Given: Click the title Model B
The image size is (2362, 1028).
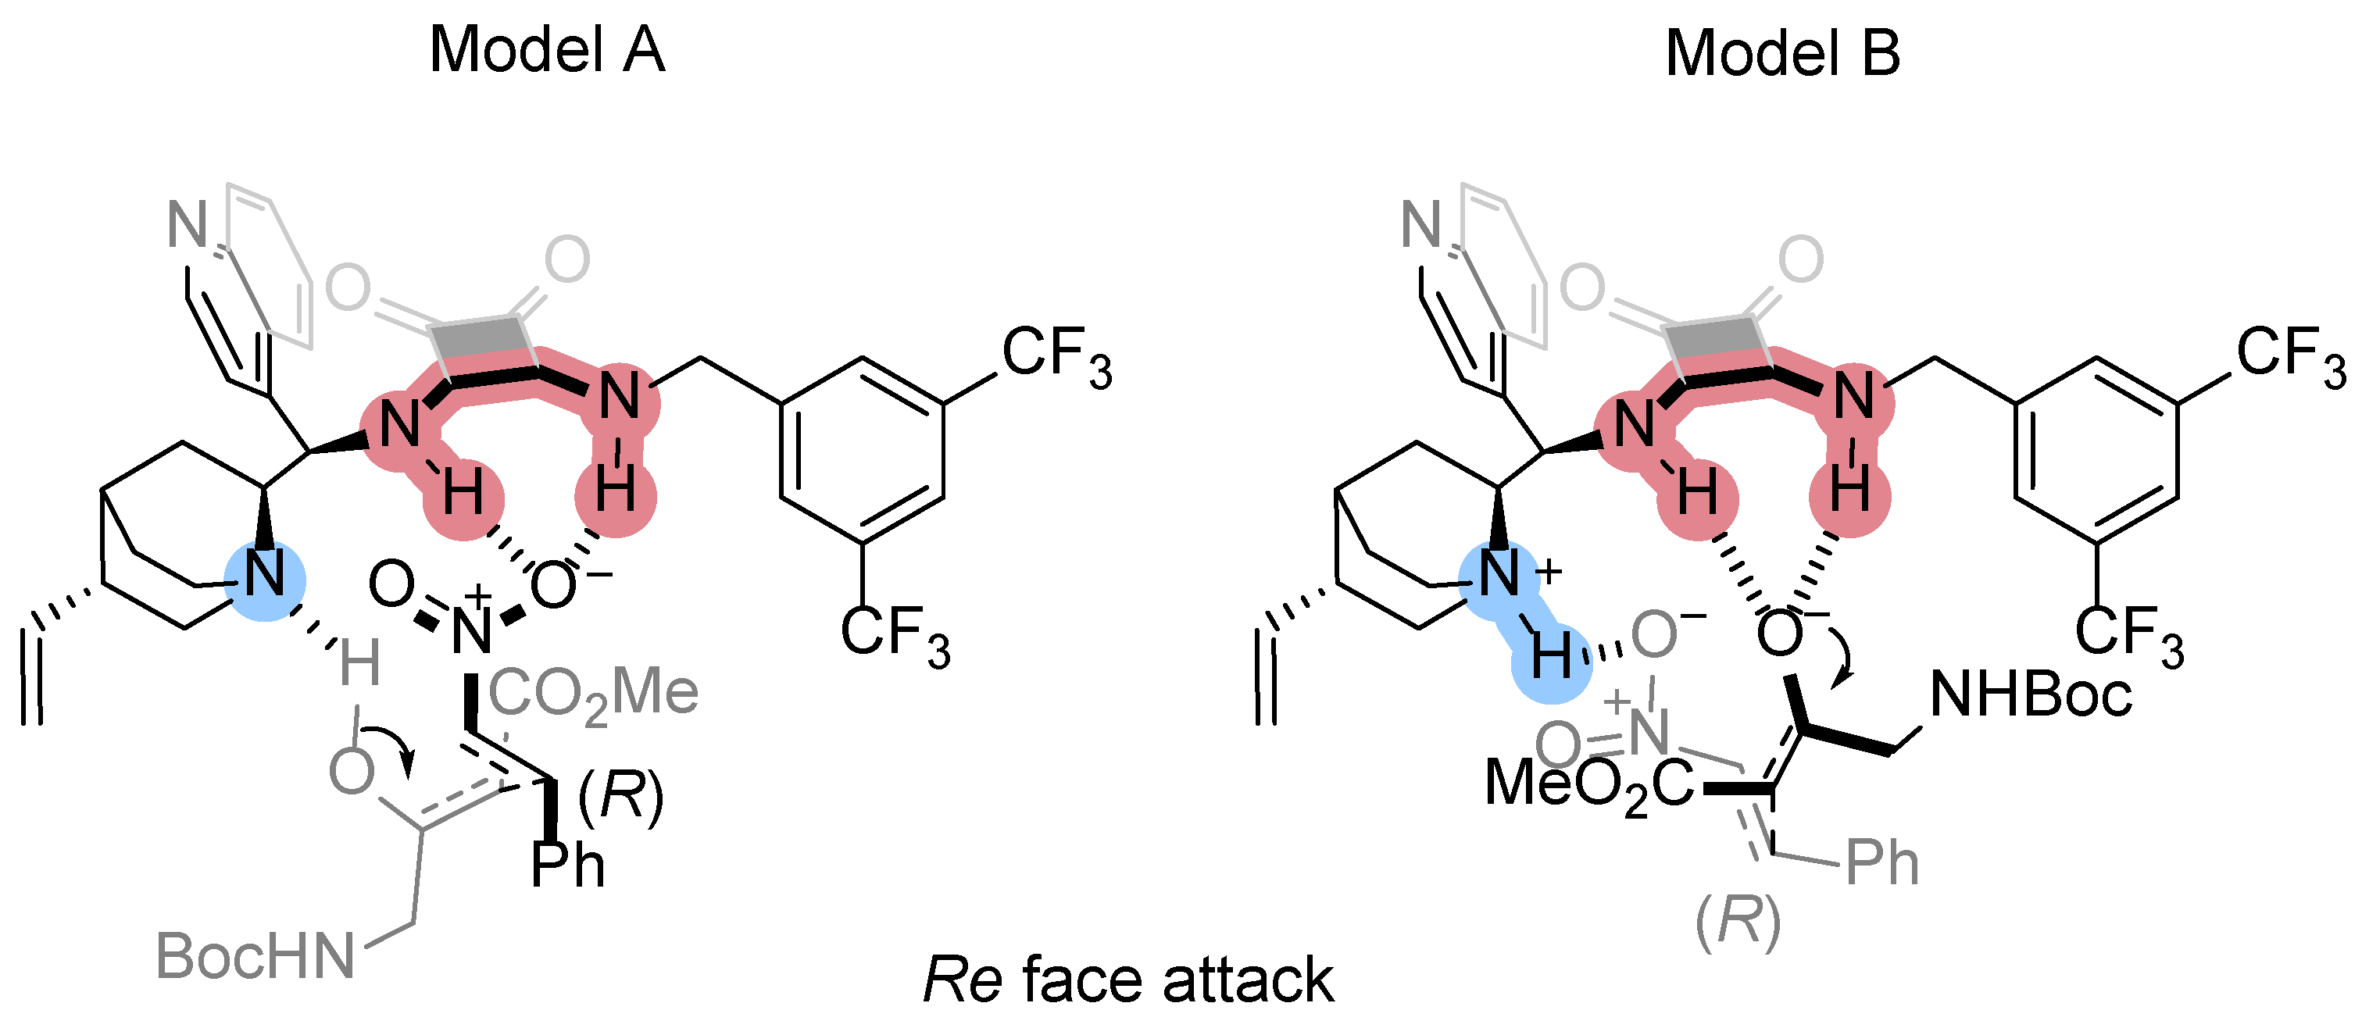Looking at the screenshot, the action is pos(1781,53).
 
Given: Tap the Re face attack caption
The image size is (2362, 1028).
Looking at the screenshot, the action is pos(1127,980).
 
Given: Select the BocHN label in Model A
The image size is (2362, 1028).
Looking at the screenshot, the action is pos(255,956).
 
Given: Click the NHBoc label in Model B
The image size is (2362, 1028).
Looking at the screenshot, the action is pos(2030,694).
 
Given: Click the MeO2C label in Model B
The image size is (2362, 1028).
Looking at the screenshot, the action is pos(1589,785).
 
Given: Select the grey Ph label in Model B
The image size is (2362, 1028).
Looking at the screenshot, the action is pos(1881,863).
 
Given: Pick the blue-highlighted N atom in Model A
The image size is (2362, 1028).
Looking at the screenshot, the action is pos(266,575).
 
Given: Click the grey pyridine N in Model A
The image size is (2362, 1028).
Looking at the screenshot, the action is pos(187,225).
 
